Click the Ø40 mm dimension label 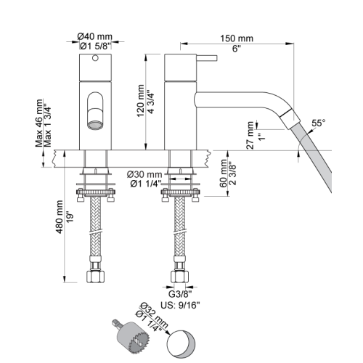coord(95,37)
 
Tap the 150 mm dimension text coord(237,38)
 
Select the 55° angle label coord(318,123)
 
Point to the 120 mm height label coord(141,101)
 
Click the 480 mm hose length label coord(60,217)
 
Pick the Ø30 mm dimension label coord(144,174)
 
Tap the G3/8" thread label coord(180,294)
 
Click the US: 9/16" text coord(180,305)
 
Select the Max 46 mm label coord(39,123)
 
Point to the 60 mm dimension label coord(224,174)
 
